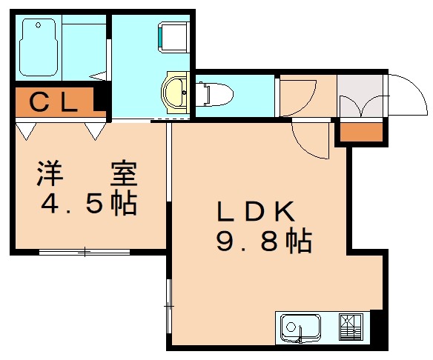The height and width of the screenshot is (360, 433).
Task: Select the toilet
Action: (x=214, y=93)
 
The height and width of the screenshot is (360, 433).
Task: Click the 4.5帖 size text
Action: (x=87, y=202)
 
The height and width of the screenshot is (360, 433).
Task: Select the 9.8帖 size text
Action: (x=263, y=241)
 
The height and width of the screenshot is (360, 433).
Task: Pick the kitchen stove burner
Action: (x=351, y=325)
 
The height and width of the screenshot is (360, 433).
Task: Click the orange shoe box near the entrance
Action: (x=361, y=132)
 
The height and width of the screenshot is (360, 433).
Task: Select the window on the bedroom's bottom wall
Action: (x=85, y=253)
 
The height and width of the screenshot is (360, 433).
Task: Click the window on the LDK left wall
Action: (x=170, y=304)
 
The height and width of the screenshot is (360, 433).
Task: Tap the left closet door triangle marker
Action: (x=25, y=131)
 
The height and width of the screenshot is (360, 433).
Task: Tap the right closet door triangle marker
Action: (x=95, y=131)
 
